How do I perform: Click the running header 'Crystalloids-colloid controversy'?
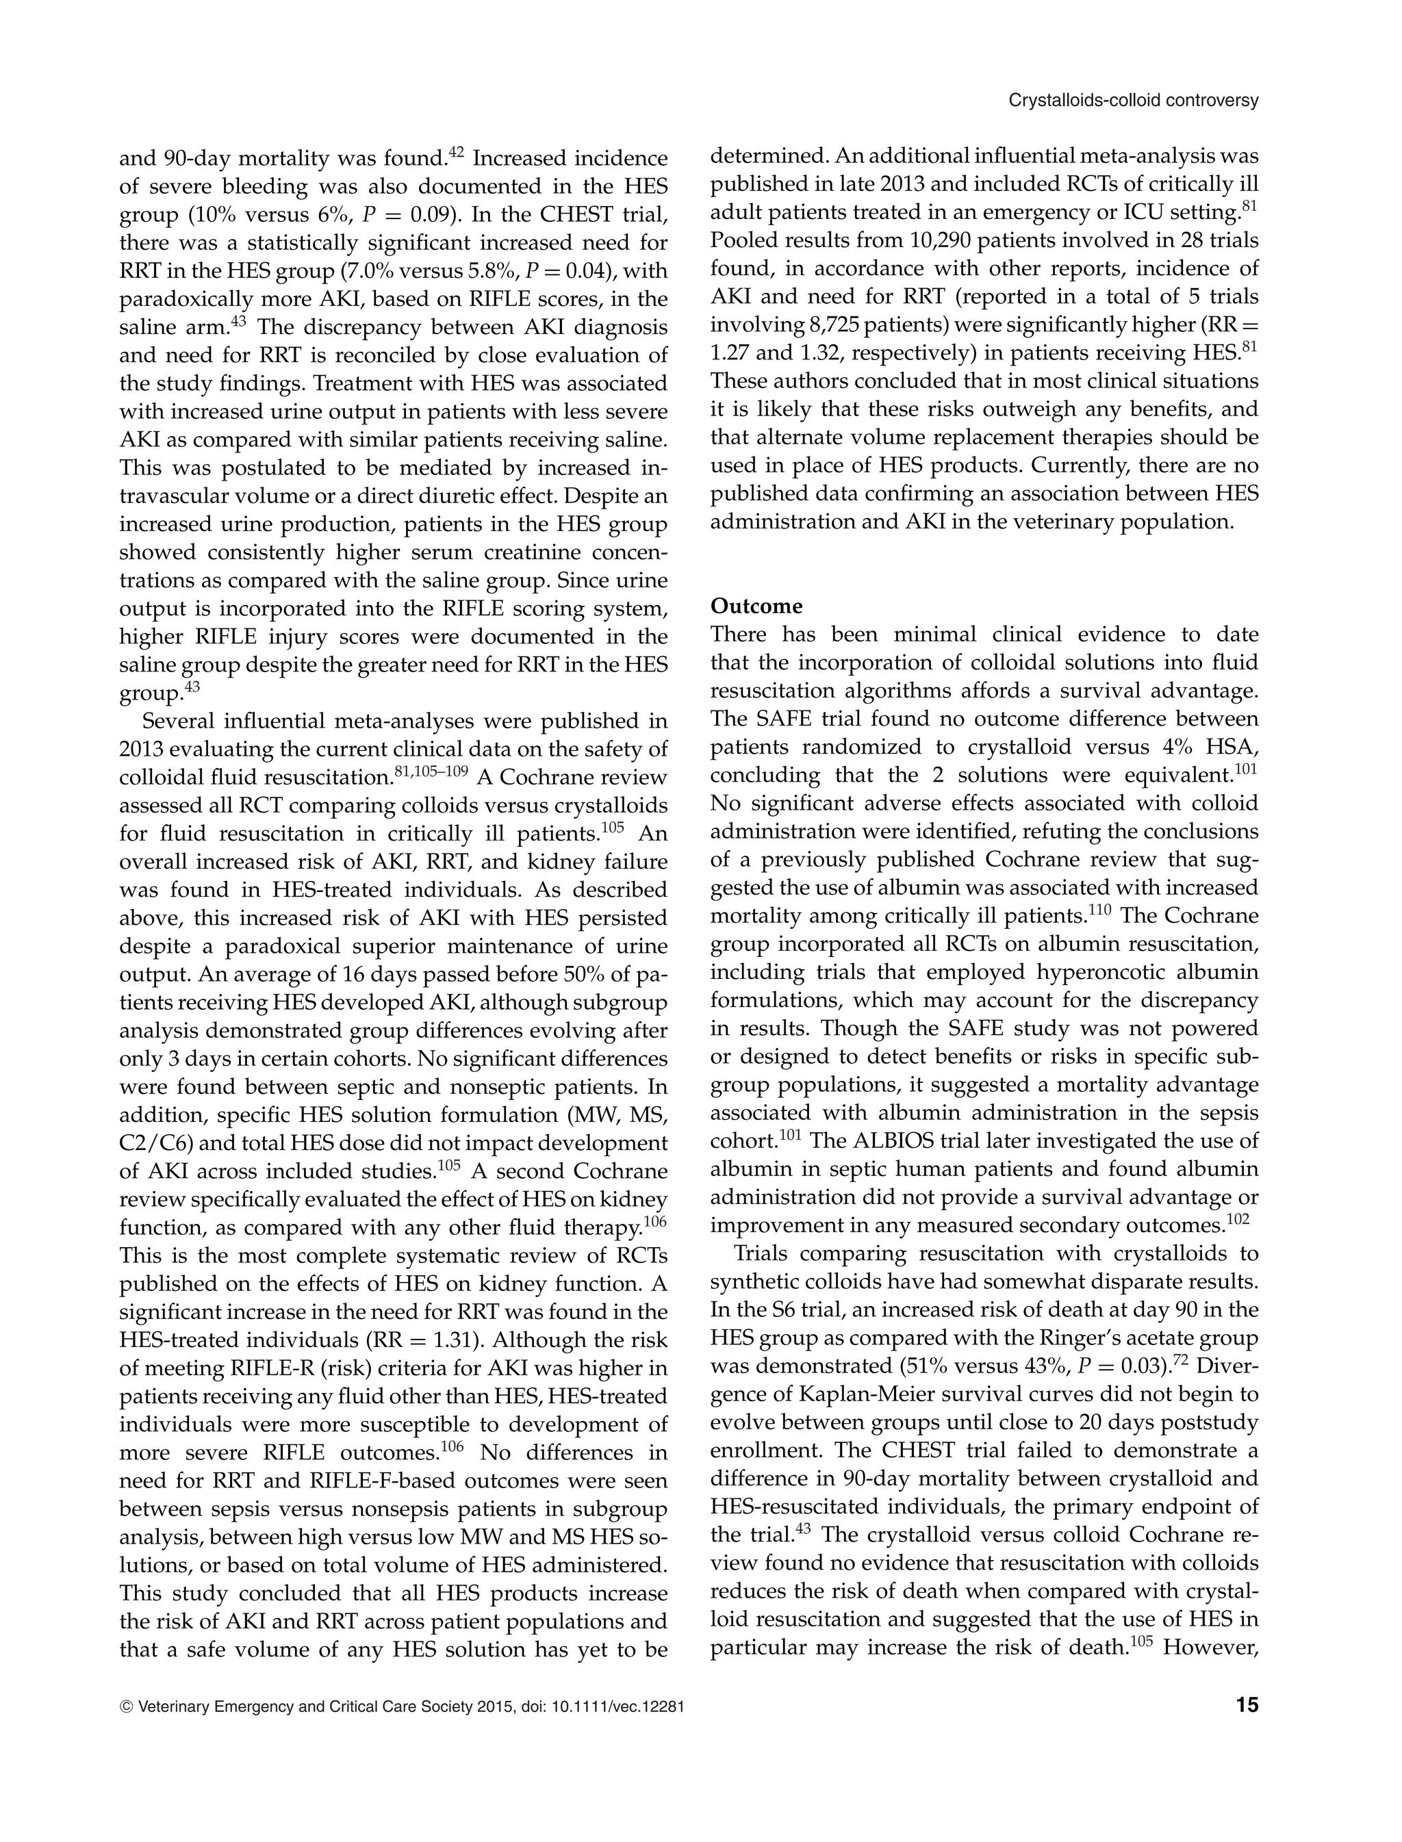(x=1133, y=101)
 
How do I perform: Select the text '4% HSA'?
(x=1208, y=747)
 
